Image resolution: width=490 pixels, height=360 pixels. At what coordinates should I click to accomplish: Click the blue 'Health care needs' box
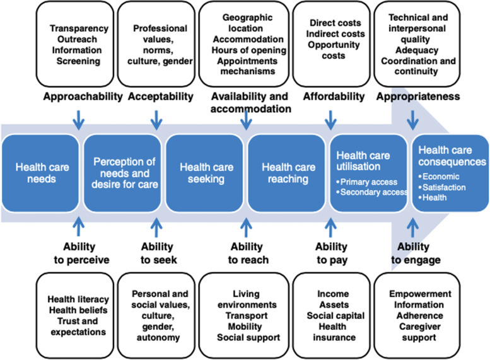coord(40,173)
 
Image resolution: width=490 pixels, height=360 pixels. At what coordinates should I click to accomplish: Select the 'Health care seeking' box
coord(204,173)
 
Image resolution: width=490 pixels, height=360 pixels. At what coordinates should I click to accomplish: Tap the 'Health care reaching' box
coord(286,173)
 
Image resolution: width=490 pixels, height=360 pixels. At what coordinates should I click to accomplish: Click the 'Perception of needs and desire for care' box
coord(122,173)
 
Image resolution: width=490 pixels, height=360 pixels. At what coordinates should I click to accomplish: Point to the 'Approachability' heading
coord(83,96)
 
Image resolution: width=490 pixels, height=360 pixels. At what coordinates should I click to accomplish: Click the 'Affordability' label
coord(334,96)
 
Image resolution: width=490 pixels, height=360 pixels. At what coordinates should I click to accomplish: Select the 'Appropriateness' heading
coord(418,96)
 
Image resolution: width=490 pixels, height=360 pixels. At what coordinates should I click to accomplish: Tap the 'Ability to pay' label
coord(331,253)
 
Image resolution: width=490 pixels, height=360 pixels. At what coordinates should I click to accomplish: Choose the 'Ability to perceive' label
coord(81,253)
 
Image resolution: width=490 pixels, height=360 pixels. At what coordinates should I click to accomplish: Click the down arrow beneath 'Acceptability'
coord(156,120)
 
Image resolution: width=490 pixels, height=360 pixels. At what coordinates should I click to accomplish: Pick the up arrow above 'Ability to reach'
coord(246,228)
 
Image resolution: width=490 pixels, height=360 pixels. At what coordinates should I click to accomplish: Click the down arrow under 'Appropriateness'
coord(412,120)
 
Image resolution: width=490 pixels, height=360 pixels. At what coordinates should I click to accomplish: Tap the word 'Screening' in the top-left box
coord(78,61)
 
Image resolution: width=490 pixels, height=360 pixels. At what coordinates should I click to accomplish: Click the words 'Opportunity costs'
coord(334,50)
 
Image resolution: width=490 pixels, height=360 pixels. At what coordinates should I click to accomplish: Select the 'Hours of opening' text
coord(249,50)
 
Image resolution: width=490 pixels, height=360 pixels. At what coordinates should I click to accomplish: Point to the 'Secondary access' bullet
coord(372,192)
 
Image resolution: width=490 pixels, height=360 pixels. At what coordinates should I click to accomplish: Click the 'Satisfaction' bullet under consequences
coord(442,187)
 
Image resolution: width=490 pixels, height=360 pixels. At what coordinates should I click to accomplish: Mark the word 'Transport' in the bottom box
coord(247,316)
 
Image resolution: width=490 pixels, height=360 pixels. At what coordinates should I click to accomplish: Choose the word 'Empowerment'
coord(420,294)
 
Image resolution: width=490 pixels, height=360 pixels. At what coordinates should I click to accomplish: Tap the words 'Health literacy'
coord(78,299)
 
